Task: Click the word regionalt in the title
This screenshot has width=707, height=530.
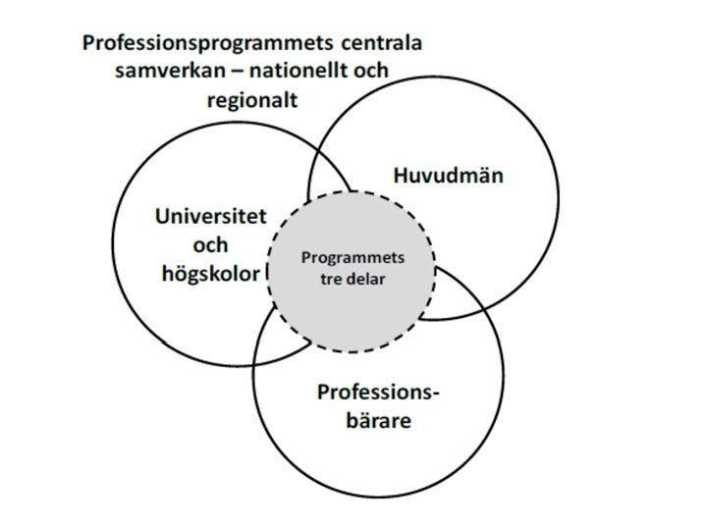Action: (252, 100)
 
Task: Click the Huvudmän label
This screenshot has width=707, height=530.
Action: (449, 177)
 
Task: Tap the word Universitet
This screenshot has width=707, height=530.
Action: (210, 217)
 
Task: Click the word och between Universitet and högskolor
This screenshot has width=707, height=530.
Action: (211, 244)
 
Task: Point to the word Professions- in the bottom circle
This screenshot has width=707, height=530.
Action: (378, 394)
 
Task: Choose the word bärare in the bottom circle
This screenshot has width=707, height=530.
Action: (378, 422)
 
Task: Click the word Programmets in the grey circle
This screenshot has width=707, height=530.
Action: (353, 258)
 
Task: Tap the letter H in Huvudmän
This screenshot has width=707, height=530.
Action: (400, 177)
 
